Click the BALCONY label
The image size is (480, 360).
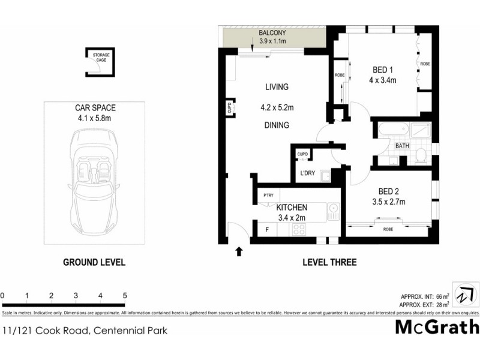pyautogui.click(x=272, y=32)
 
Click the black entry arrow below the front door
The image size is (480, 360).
pyautogui.click(x=239, y=251)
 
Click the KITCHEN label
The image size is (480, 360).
pyautogui.click(x=292, y=207)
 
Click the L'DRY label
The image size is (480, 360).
pyautogui.click(x=307, y=173)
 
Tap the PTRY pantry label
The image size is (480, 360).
pyautogui.click(x=268, y=196)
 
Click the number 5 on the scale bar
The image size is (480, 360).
pyautogui.click(x=125, y=295)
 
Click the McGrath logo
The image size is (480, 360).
pyautogui.click(x=437, y=328)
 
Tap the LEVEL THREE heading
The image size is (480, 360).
pyautogui.click(x=329, y=262)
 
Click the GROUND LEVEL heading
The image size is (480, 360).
pyautogui.click(x=94, y=262)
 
